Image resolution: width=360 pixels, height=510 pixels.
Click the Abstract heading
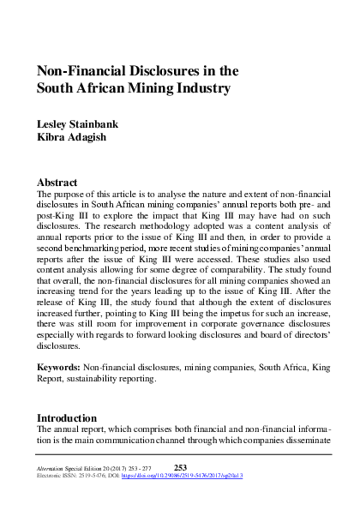57,183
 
